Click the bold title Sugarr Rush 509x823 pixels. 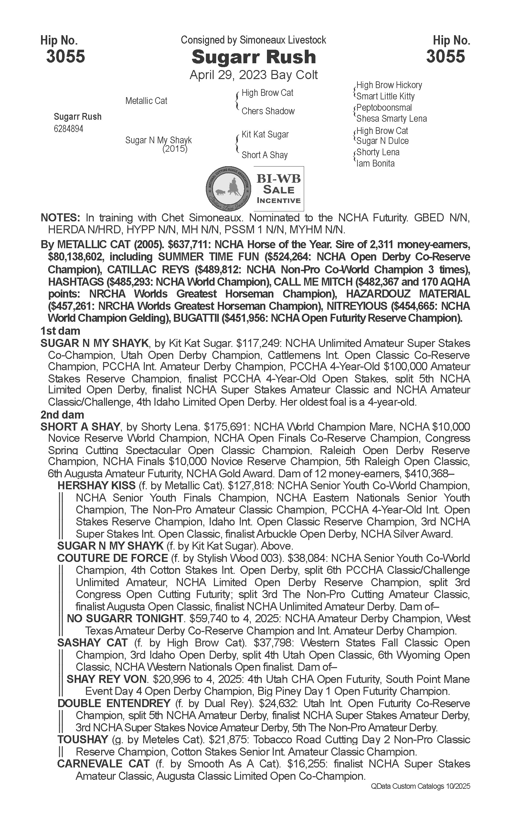tap(253, 57)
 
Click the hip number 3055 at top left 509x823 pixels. tap(66, 56)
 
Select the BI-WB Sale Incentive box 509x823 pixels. tap(279, 188)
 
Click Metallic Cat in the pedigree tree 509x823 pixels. tap(146, 101)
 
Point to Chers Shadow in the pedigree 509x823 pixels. tap(268, 111)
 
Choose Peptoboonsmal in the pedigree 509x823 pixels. tap(384, 107)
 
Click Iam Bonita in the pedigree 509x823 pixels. tap(375, 164)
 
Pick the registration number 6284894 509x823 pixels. tap(68, 129)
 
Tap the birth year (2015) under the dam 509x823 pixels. tap(175, 148)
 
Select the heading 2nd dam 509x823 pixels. tap(62, 414)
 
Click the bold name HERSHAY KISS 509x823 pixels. tap(96, 485)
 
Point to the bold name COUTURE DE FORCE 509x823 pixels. tap(112, 558)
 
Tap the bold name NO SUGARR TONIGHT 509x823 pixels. tap(125, 618)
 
